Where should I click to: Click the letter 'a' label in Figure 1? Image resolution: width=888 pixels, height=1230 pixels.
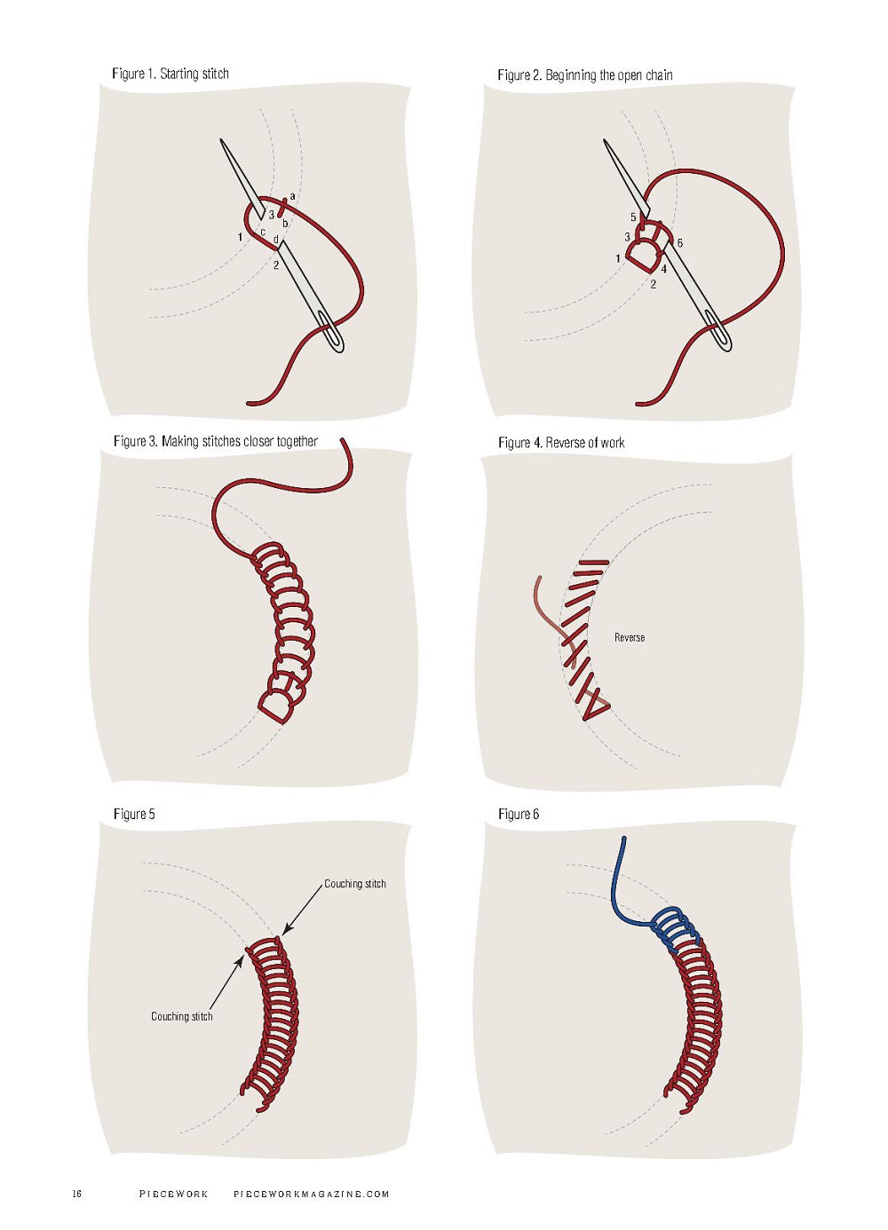pos(292,196)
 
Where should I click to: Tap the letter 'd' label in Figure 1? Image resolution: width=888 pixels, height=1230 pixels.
pos(276,240)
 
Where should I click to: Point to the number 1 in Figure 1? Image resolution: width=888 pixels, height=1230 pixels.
pos(240,237)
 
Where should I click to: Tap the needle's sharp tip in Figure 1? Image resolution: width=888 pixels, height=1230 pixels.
pos(221,141)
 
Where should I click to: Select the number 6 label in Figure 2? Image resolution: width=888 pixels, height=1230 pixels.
pos(679,242)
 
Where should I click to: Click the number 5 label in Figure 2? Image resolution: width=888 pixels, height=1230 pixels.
pos(633,217)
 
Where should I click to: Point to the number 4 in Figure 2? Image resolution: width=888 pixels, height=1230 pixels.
pos(663,268)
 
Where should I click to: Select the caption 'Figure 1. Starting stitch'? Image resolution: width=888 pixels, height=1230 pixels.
pos(170,74)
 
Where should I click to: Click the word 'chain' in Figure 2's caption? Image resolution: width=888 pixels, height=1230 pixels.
pos(659,75)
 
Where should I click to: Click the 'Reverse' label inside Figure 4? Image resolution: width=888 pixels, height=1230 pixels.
pos(630,637)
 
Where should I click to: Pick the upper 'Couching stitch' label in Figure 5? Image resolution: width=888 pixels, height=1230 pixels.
pos(355,884)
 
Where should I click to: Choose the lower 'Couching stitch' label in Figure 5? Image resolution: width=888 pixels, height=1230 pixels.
pos(182,1016)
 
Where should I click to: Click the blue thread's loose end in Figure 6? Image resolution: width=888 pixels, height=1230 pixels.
pos(624,839)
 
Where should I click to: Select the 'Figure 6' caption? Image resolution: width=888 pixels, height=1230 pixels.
pos(519,814)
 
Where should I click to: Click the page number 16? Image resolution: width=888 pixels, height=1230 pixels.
pos(77,1194)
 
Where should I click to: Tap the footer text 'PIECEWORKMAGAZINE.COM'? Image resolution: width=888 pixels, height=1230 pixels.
pos(312,1194)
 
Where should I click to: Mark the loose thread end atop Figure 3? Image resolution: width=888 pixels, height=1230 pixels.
pos(345,441)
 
